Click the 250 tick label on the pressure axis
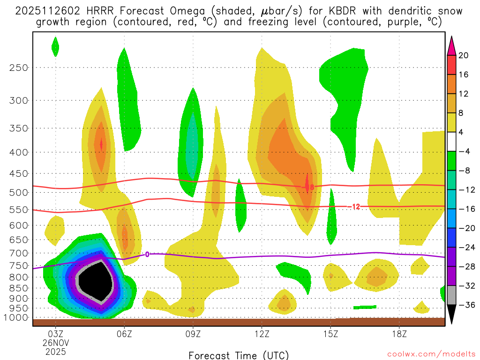19,67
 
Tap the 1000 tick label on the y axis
17,318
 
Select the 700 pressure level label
19,253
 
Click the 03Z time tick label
56,336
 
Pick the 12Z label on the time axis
262,336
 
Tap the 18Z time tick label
399,336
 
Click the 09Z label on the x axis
193,336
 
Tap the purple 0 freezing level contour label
147,254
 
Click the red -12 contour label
355,206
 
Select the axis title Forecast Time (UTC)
239,355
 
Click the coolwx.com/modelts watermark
432,354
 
